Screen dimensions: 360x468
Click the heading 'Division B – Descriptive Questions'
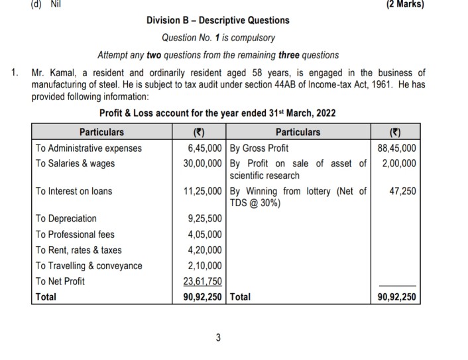click(217, 21)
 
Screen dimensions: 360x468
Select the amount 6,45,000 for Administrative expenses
click(205, 148)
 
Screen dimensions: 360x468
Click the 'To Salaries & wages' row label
click(75, 163)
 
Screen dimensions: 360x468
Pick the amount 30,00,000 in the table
click(203, 163)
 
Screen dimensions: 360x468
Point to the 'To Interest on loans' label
click(74, 191)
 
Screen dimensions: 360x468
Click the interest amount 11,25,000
click(203, 191)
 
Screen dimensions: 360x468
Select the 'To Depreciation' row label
click(66, 218)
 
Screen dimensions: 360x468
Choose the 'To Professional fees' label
click(76, 234)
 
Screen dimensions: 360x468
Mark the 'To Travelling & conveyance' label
click(89, 266)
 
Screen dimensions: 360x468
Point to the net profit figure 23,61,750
click(203, 281)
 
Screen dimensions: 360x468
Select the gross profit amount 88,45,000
click(397, 148)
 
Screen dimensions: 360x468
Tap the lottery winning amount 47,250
click(403, 191)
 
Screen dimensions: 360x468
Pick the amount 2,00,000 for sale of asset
click(399, 163)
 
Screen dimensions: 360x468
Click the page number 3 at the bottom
click(218, 338)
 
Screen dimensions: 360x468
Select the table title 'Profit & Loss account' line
click(217, 113)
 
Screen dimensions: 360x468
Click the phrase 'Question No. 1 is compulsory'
click(218, 38)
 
